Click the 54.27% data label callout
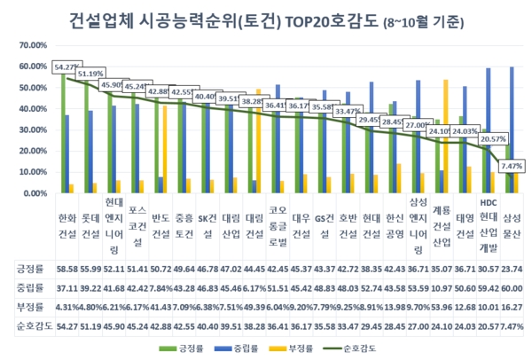tap(67, 67)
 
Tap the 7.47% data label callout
tap(512, 166)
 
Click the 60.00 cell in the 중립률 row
tap(512, 287)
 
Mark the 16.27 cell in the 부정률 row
tap(512, 307)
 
